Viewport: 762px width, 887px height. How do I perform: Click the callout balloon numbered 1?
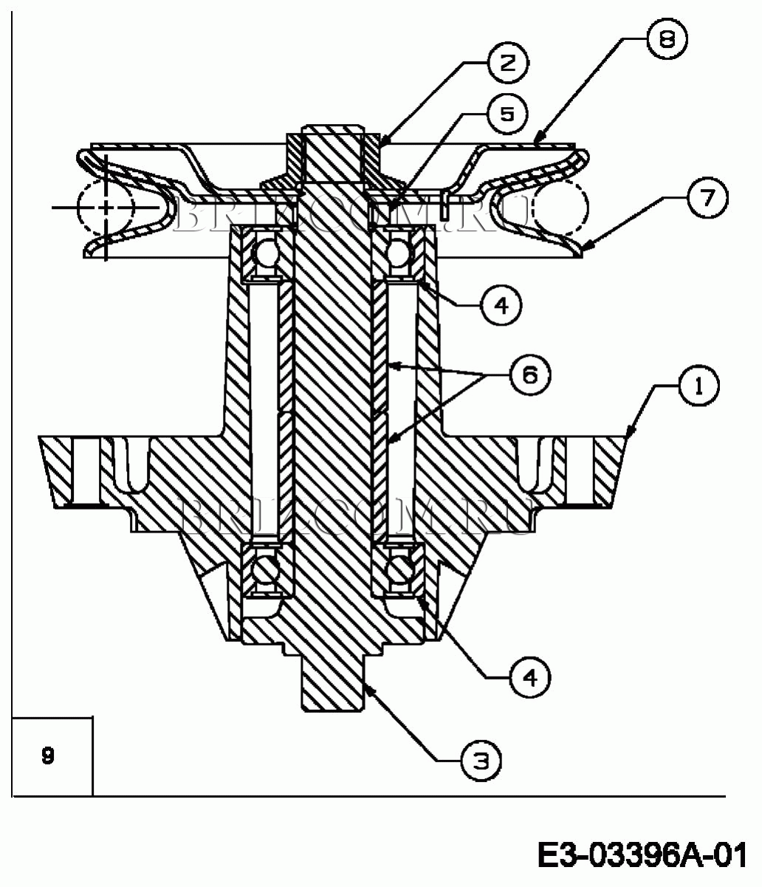tap(698, 386)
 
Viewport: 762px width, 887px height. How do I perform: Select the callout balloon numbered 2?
tap(507, 64)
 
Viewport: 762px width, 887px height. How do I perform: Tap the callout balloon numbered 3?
tap(481, 761)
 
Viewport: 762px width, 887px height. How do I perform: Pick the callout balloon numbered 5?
tap(507, 114)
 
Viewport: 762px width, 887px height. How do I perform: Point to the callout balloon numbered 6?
tap(530, 375)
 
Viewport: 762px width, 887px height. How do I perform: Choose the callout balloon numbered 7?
tap(707, 197)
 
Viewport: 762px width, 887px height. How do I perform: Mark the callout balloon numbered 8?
tap(667, 38)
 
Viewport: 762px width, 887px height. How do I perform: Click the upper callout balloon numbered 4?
tap(501, 306)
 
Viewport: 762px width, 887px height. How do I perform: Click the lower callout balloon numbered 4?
tap(531, 678)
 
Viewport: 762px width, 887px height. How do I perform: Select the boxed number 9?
tap(48, 756)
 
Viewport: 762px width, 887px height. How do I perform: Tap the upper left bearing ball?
tap(265, 253)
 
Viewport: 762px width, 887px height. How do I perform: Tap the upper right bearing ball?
tap(399, 253)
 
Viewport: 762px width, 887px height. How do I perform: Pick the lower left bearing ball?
tap(265, 569)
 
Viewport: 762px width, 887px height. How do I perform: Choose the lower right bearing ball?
tap(399, 569)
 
